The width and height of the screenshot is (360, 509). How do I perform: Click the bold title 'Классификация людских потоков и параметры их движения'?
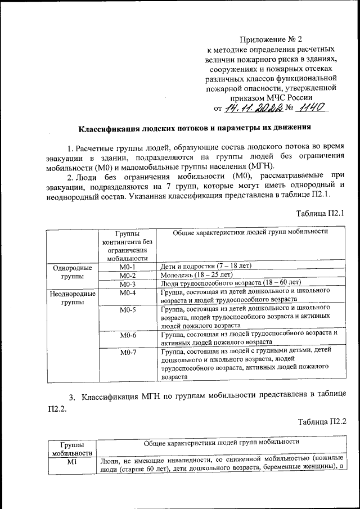pyautogui.click(x=194, y=127)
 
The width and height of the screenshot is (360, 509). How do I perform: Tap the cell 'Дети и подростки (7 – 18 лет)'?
pyautogui.click(x=205, y=265)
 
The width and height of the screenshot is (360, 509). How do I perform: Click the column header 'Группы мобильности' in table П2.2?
pyautogui.click(x=72, y=448)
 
